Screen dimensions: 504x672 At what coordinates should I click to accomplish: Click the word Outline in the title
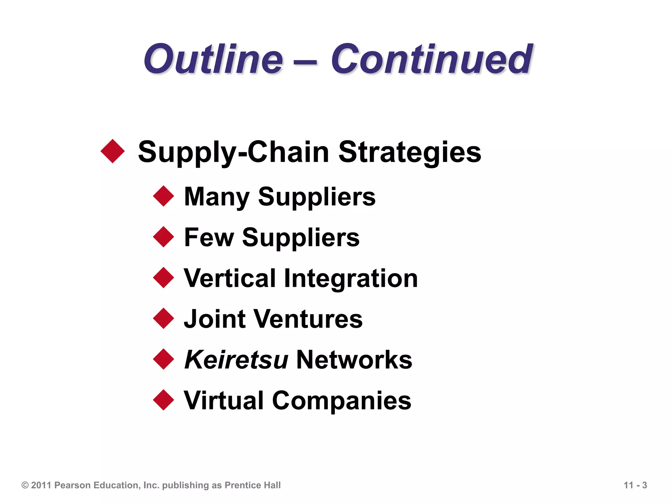(213, 60)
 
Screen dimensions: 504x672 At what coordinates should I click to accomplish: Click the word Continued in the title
(431, 60)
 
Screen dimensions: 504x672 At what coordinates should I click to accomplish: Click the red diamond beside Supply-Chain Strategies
(113, 151)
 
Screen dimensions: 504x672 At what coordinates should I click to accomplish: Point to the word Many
(217, 197)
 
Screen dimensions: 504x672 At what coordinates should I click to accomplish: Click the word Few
(209, 238)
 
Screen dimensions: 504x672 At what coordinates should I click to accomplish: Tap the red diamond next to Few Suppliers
(163, 237)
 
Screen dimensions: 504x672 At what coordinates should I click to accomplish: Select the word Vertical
(230, 278)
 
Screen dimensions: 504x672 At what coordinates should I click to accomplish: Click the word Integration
(351, 278)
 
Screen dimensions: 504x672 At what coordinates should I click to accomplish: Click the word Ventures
(308, 319)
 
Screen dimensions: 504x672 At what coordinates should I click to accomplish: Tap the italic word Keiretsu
(236, 360)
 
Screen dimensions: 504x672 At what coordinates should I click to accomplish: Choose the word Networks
(354, 360)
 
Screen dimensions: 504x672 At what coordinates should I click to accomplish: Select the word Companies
(342, 401)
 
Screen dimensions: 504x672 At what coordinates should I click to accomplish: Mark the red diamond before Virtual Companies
(163, 400)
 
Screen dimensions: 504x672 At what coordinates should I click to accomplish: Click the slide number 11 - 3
(635, 485)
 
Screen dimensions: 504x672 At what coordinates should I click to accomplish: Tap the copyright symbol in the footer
(25, 485)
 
